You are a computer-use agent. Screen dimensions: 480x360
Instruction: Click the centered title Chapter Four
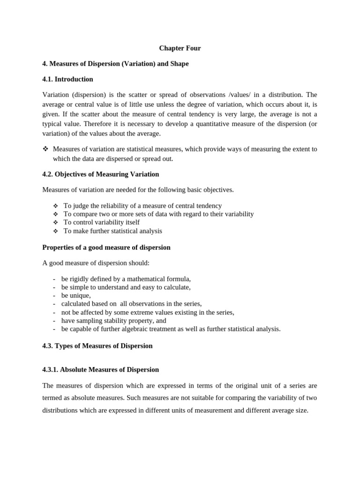coord(180,48)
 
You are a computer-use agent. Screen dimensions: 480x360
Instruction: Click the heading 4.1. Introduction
coord(67,79)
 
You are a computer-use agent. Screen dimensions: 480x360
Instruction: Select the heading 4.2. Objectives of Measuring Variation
coord(100,174)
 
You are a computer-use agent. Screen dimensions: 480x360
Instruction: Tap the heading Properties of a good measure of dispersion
coord(106,247)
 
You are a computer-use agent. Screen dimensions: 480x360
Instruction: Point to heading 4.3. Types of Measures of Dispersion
coord(97,346)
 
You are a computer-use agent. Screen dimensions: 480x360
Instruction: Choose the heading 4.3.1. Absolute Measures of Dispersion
coord(100,370)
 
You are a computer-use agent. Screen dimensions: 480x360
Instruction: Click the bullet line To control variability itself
coord(101,222)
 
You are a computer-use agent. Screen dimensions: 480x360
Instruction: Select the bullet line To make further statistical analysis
coord(112,231)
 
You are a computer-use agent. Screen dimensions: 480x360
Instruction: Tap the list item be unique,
coord(76,295)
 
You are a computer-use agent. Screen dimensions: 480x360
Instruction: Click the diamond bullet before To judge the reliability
coord(55,206)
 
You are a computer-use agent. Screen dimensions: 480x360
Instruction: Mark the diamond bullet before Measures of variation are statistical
coord(45,149)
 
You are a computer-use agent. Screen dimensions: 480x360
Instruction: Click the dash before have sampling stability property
coord(55,321)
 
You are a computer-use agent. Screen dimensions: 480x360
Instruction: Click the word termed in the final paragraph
coord(53,398)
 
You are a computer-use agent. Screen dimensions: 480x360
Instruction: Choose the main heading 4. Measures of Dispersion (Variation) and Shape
coord(115,64)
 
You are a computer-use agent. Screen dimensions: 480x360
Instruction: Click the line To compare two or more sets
coord(158,214)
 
